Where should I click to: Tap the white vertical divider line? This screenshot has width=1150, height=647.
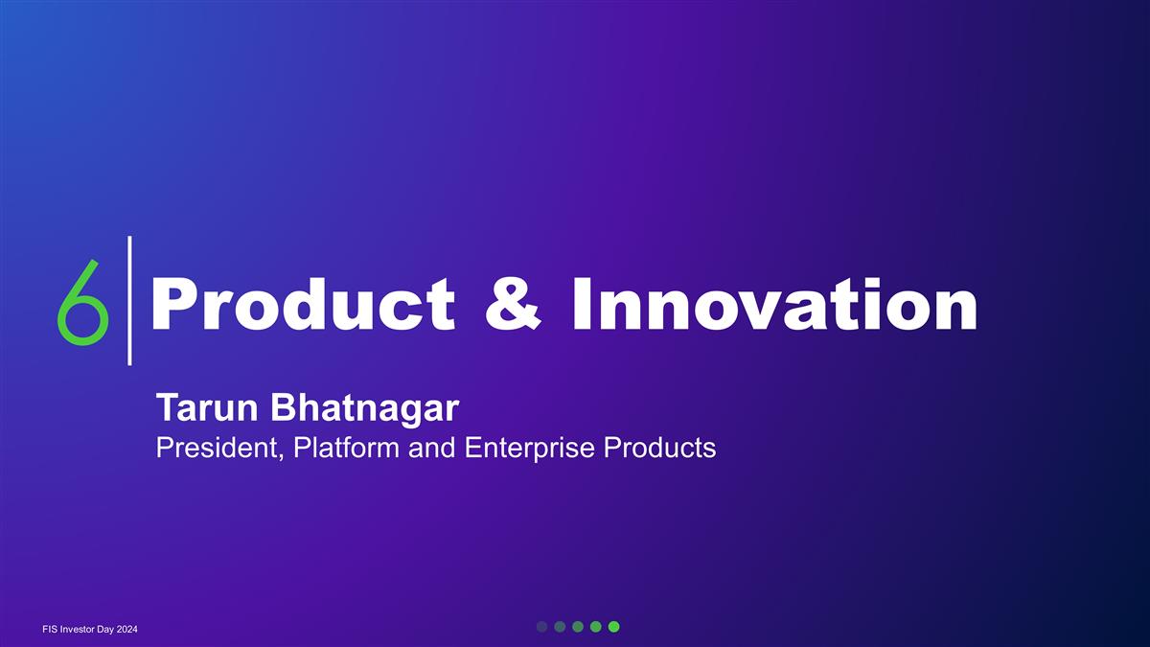(x=129, y=301)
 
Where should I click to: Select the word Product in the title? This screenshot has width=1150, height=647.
(x=303, y=304)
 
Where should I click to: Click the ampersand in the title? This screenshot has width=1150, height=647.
(x=513, y=304)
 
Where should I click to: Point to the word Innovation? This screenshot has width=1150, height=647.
(x=774, y=304)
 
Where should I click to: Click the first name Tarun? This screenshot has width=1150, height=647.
(x=207, y=408)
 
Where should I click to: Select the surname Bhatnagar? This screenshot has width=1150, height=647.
(x=365, y=408)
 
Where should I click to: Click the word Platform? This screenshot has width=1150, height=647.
(x=347, y=448)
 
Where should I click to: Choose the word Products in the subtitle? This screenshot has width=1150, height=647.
(x=659, y=448)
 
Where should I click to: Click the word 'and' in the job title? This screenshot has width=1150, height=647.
(x=432, y=448)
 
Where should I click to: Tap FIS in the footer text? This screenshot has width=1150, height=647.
(x=50, y=629)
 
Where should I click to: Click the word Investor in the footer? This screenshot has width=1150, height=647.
(x=77, y=629)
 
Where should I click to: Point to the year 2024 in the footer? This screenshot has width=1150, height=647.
(x=126, y=629)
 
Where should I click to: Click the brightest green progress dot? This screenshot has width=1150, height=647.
(x=614, y=627)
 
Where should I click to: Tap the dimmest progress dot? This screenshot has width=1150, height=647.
(x=542, y=627)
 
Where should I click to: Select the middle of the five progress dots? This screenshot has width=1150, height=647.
(x=578, y=627)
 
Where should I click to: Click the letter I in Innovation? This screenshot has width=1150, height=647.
(x=581, y=304)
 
